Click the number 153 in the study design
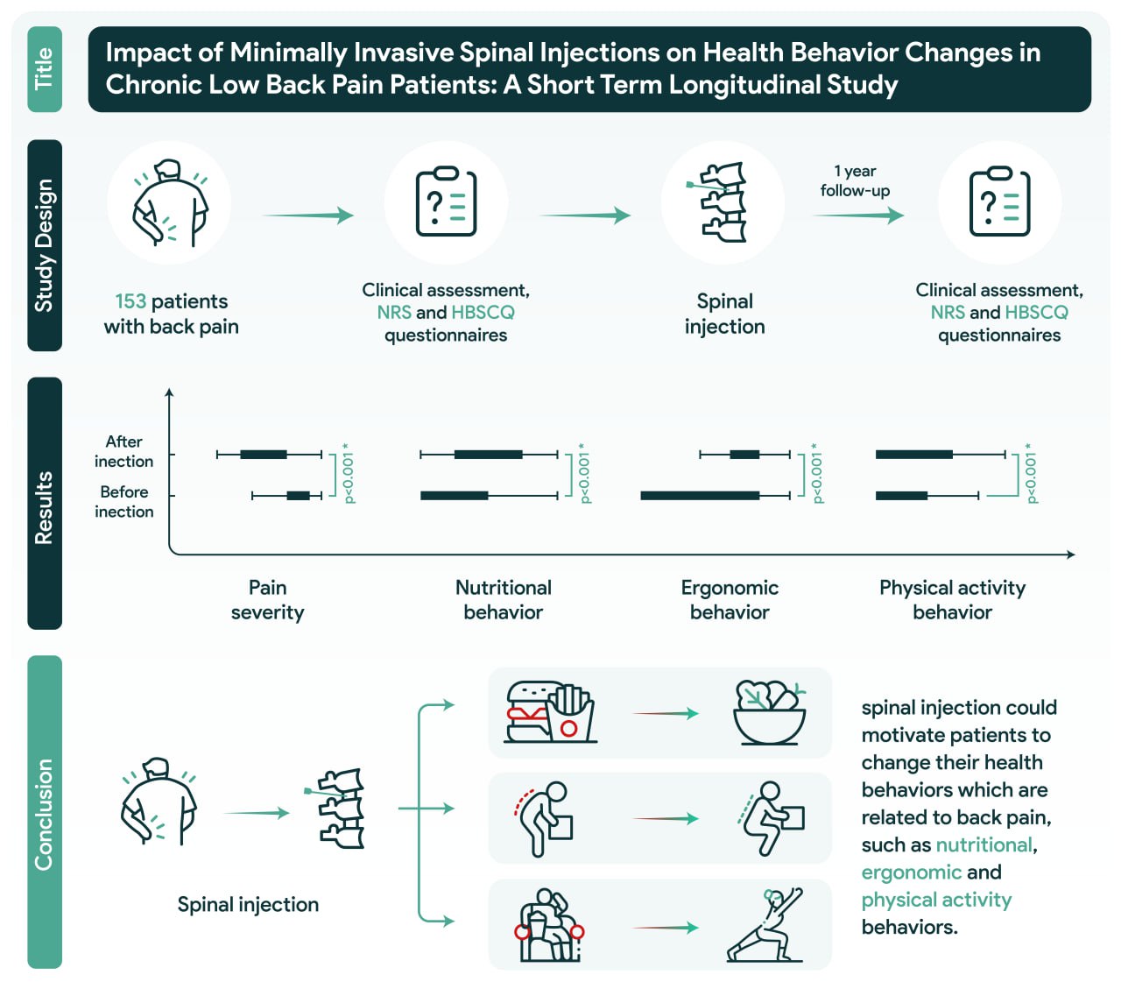coord(130,301)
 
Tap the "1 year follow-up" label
coord(855,181)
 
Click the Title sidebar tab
coord(45,69)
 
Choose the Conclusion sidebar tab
coord(45,812)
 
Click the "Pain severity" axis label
coord(267,600)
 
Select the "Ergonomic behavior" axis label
coord(730,600)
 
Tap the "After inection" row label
coord(123,451)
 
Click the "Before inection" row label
coord(123,501)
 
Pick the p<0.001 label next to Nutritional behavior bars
coord(584,475)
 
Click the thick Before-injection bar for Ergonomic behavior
coord(700,496)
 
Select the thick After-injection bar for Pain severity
coord(264,454)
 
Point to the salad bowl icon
coord(769,712)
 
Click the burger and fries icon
coord(550,712)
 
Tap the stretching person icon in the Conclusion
coord(765,925)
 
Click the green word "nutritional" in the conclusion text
coord(984,844)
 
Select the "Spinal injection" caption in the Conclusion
coord(248,905)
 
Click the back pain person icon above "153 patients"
coord(170,203)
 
